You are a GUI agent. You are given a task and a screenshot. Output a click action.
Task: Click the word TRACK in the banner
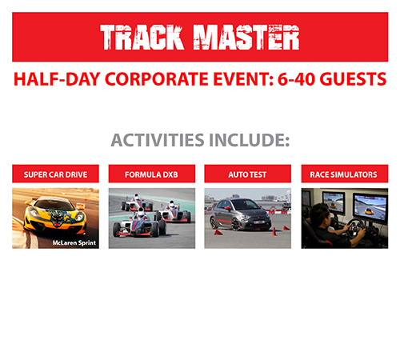pyautogui.click(x=142, y=38)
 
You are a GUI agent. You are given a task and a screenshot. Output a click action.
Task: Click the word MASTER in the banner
pyautogui.click(x=246, y=38)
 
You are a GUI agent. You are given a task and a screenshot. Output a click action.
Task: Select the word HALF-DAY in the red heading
pyautogui.click(x=57, y=79)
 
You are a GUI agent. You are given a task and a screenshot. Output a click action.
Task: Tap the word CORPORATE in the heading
pyautogui.click(x=157, y=79)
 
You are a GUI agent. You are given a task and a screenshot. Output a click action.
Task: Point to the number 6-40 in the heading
pyautogui.click(x=296, y=79)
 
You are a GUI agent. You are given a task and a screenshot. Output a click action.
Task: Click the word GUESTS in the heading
pyautogui.click(x=353, y=79)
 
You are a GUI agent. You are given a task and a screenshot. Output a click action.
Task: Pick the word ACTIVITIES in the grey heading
pyautogui.click(x=158, y=140)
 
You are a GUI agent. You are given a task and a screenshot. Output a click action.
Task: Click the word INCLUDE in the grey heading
pyautogui.click(x=250, y=140)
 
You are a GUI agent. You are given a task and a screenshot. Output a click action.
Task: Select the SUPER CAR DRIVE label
pyautogui.click(x=55, y=174)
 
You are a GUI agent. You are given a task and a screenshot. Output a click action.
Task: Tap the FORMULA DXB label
pyautogui.click(x=151, y=174)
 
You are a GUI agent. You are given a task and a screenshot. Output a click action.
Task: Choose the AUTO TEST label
pyautogui.click(x=247, y=174)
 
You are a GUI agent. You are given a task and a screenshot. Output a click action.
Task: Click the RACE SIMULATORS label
pyautogui.click(x=343, y=174)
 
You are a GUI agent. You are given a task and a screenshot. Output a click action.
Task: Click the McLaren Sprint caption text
pyautogui.click(x=74, y=242)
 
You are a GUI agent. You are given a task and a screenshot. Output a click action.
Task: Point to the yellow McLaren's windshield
pyautogui.click(x=55, y=205)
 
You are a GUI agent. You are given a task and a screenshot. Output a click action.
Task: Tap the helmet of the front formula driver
pyautogui.click(x=141, y=213)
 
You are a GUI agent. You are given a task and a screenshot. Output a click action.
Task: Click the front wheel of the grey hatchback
pyautogui.click(x=236, y=224)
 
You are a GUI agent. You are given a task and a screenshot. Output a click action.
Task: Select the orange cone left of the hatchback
pyautogui.click(x=218, y=232)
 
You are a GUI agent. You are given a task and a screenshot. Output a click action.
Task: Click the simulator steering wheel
pyautogui.click(x=354, y=227)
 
